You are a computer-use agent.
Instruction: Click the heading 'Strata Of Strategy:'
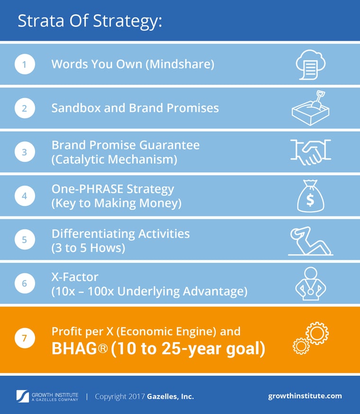pyautogui.click(x=90, y=21)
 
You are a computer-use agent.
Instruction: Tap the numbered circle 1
pyautogui.click(x=25, y=64)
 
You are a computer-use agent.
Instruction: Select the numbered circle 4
pyautogui.click(x=25, y=196)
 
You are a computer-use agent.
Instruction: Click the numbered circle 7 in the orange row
pyautogui.click(x=25, y=339)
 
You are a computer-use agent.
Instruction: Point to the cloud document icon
pyautogui.click(x=310, y=64)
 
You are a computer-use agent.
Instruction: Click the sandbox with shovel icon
pyautogui.click(x=310, y=108)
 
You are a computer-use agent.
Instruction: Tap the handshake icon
pyautogui.click(x=311, y=152)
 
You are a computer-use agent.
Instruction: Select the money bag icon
pyautogui.click(x=310, y=195)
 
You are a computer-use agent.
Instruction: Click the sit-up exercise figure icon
pyautogui.click(x=310, y=240)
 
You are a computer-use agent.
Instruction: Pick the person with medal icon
pyautogui.click(x=310, y=284)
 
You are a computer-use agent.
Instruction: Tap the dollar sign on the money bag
pyautogui.click(x=310, y=200)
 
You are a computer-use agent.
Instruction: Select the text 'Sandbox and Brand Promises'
pyautogui.click(x=135, y=108)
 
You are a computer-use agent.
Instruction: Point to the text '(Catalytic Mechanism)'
pyautogui.click(x=114, y=160)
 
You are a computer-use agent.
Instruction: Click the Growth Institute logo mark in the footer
pyautogui.click(x=23, y=396)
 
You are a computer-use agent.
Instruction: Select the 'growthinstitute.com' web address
pyautogui.click(x=305, y=396)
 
